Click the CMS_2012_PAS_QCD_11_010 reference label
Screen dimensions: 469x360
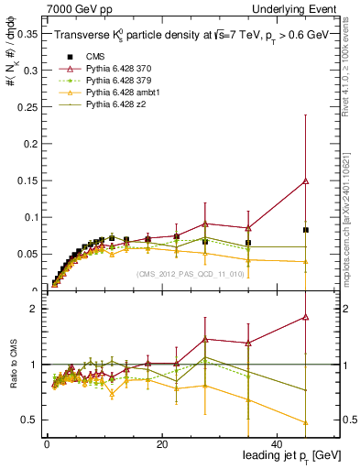click(190, 274)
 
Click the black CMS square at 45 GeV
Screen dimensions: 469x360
click(305, 230)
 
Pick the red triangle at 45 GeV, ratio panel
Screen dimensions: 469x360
click(305, 317)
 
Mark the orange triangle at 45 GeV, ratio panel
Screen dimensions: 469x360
click(305, 422)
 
